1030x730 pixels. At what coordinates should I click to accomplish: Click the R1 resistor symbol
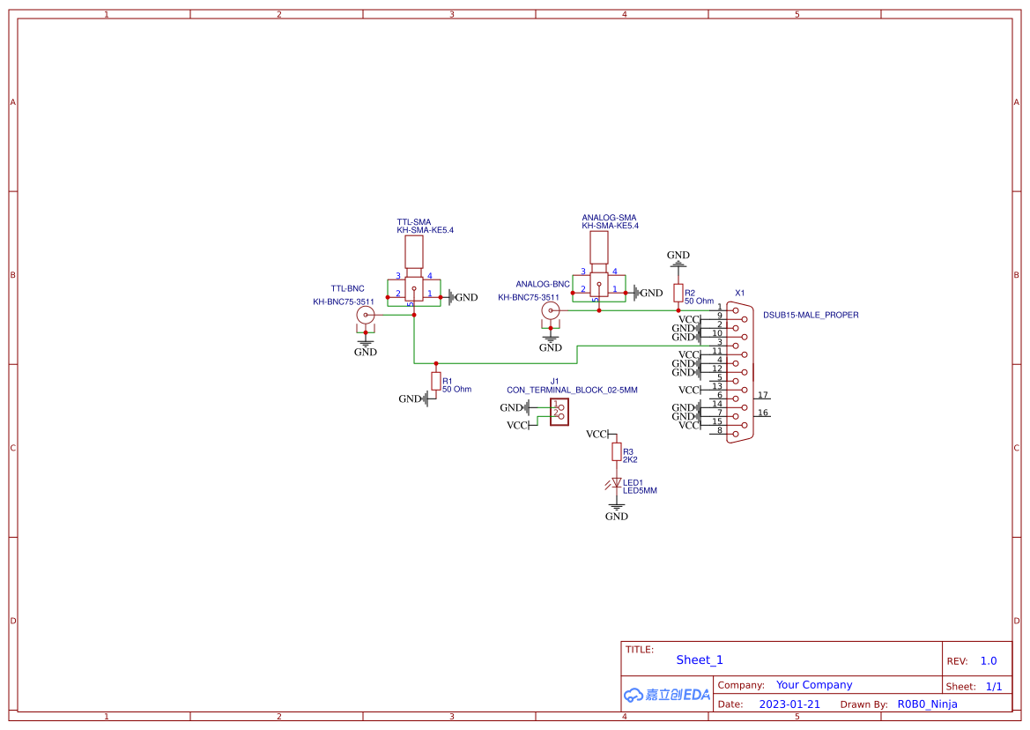[436, 381]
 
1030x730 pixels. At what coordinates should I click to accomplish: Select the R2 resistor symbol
[678, 293]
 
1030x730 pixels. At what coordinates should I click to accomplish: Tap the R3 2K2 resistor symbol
[617, 452]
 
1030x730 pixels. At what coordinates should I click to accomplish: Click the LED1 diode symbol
[616, 483]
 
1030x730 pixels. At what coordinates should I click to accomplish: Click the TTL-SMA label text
[413, 221]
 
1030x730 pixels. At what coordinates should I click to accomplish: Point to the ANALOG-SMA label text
[609, 218]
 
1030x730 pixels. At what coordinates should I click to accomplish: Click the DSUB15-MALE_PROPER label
[811, 315]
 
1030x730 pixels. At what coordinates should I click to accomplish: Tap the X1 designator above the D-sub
[740, 293]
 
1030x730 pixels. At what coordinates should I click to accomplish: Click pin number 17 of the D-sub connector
[763, 395]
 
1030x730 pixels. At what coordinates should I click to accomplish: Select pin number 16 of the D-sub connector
[763, 413]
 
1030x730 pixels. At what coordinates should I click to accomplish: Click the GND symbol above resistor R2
[678, 258]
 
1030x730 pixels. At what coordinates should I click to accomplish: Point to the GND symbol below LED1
[617, 510]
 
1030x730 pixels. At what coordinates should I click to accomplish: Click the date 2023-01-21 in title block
[789, 704]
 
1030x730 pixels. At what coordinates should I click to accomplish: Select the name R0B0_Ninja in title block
[927, 704]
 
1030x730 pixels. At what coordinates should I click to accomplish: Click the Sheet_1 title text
[700, 659]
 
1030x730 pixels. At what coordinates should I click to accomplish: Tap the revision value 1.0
[989, 660]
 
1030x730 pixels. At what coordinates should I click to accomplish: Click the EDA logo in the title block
[667, 695]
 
